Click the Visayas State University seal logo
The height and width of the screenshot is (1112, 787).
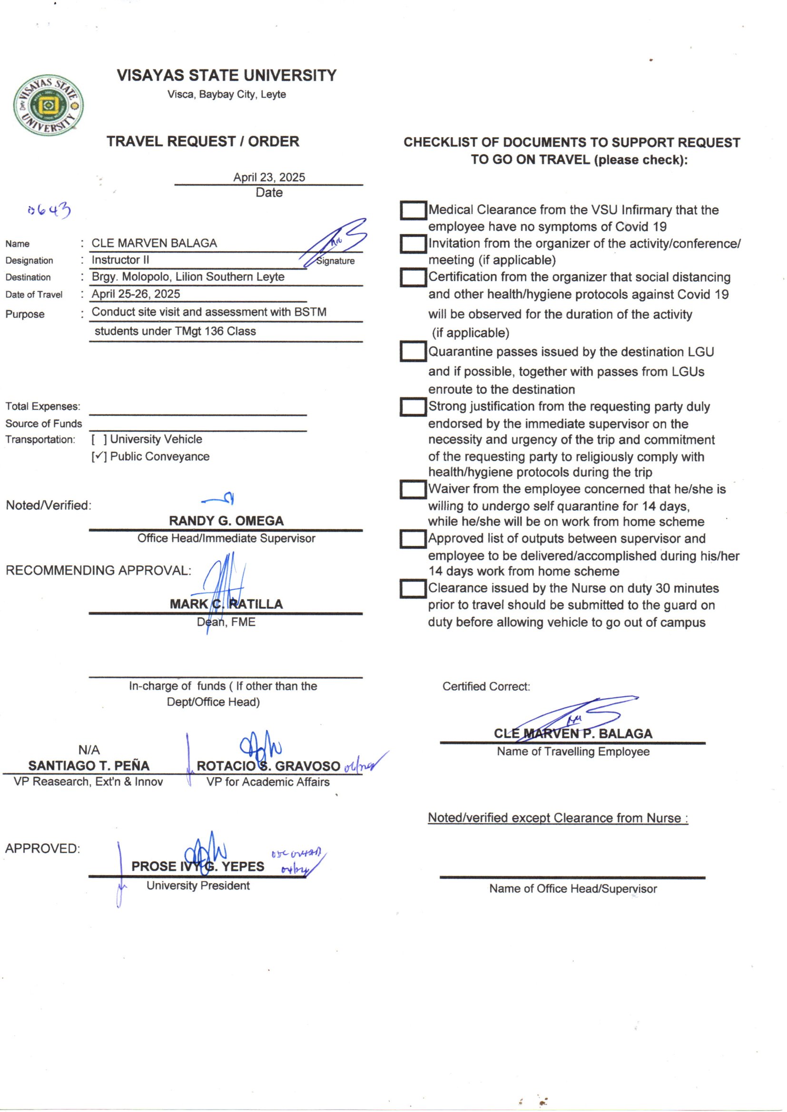point(48,105)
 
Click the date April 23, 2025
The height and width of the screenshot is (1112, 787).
point(269,177)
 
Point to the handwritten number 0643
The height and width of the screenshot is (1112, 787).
point(49,211)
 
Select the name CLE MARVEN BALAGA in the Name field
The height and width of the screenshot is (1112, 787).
point(154,243)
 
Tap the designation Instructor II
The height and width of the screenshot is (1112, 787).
point(120,260)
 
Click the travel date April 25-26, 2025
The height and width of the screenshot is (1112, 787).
point(136,294)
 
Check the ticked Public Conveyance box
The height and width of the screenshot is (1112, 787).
point(99,457)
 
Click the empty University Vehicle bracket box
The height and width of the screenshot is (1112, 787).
point(99,439)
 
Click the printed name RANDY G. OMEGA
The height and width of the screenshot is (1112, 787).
point(226,521)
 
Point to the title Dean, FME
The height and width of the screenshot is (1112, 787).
point(226,622)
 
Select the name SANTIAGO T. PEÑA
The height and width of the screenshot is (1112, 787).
point(89,766)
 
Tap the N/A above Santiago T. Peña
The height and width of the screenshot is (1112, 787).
point(89,750)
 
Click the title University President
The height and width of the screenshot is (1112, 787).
point(198,886)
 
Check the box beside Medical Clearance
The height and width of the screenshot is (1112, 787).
point(413,211)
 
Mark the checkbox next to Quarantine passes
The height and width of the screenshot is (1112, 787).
point(413,352)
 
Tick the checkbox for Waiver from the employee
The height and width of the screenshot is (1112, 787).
point(413,489)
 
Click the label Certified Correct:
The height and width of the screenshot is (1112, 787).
point(486,686)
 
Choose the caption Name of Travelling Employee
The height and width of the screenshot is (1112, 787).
point(573,751)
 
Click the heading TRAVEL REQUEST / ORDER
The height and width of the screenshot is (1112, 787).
point(203,141)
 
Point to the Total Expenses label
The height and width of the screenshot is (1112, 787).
point(43,406)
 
